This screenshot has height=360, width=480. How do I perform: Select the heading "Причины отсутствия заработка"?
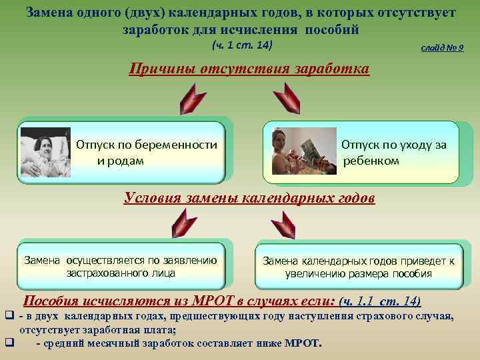[x=249, y=69]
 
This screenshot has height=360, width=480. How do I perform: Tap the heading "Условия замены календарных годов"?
[x=249, y=198]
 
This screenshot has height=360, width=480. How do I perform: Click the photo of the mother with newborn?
[x=45, y=152]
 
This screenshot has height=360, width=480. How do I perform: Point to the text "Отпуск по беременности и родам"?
[x=146, y=153]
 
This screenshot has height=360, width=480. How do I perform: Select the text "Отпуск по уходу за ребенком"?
[x=393, y=153]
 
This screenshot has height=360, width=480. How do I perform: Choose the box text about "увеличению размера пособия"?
[x=358, y=267]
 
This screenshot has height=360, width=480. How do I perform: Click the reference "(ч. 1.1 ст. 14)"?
[x=380, y=301]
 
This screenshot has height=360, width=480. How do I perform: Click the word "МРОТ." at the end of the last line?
[x=304, y=344]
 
